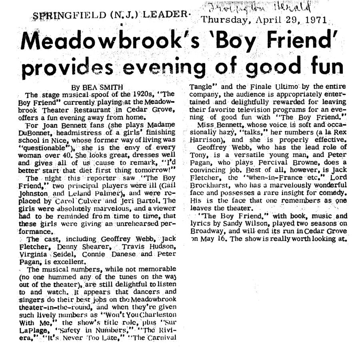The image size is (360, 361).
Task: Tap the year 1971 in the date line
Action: click(x=316, y=20)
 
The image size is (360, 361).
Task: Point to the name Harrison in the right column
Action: click(x=206, y=140)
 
